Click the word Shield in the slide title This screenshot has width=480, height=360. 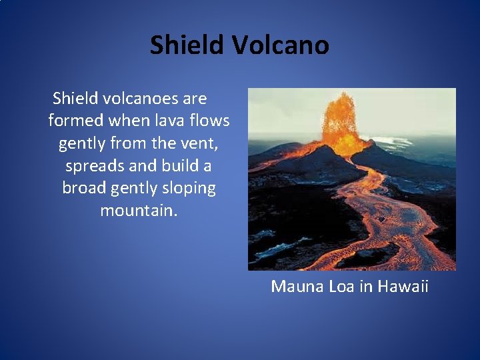pyautogui.click(x=187, y=45)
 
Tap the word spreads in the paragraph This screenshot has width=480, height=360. pyautogui.click(x=93, y=166)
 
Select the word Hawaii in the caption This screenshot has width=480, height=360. pyautogui.click(x=403, y=287)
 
